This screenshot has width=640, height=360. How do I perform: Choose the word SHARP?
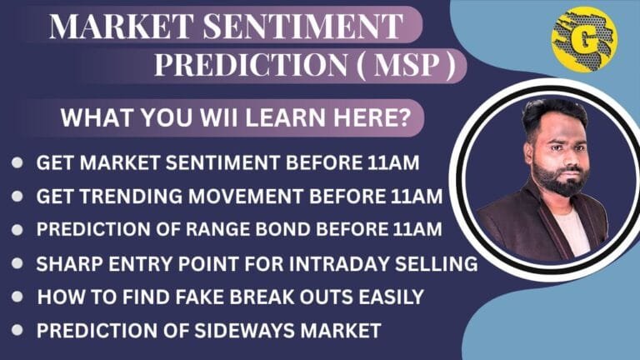(x=69, y=264)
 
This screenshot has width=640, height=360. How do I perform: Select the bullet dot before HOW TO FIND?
(x=17, y=297)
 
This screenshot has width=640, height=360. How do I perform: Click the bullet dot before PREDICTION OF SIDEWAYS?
(x=17, y=330)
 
